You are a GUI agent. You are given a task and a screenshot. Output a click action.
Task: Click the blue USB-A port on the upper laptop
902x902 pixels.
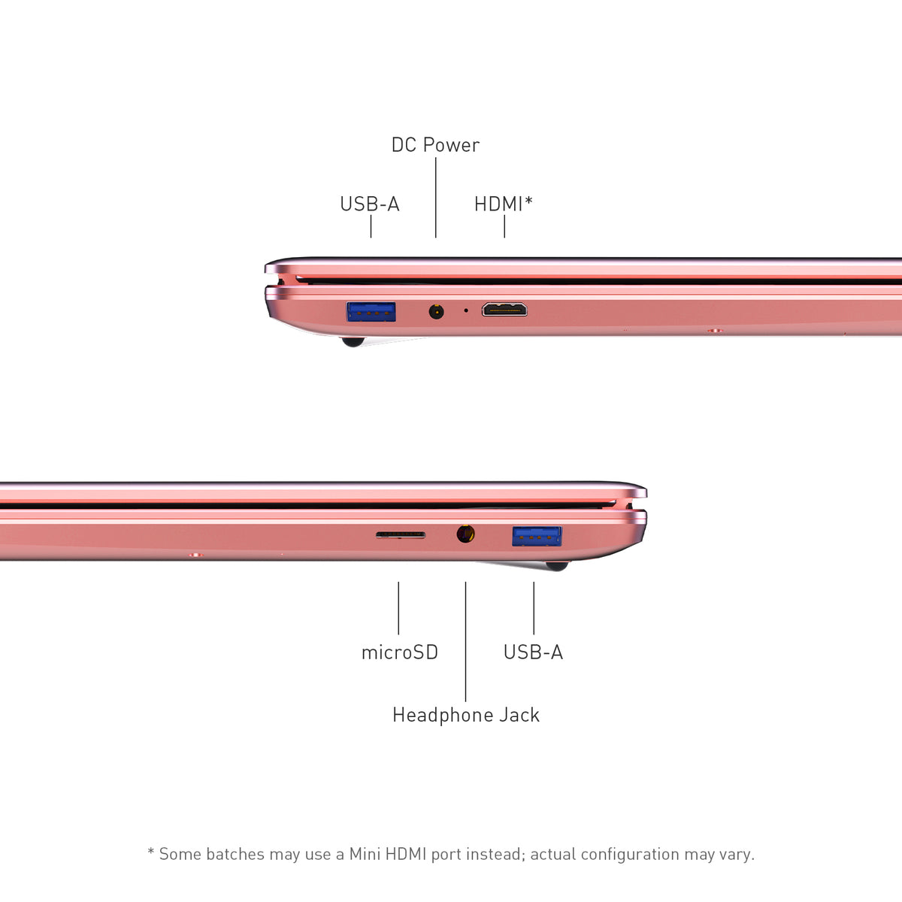(371, 312)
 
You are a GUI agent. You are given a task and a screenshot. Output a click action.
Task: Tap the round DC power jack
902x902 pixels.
(436, 311)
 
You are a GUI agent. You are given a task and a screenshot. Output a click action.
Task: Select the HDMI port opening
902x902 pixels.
(504, 310)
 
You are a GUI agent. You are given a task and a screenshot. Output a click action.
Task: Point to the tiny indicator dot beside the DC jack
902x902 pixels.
(466, 310)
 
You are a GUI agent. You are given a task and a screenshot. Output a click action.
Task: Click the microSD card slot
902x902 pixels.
(401, 535)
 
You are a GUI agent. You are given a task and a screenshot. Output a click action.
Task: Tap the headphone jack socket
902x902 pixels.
(466, 534)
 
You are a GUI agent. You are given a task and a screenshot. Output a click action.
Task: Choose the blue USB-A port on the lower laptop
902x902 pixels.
(537, 536)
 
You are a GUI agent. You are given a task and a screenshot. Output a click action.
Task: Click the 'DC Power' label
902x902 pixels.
(435, 145)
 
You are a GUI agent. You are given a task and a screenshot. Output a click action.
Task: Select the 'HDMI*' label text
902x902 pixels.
(503, 204)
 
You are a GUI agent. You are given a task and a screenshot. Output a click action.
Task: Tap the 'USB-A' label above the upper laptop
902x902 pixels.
(370, 204)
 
